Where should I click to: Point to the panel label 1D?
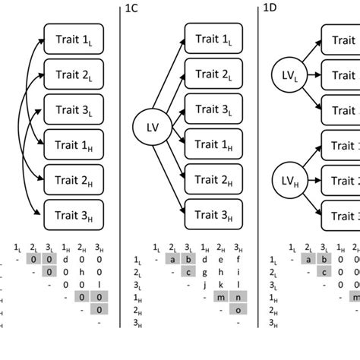(269, 8)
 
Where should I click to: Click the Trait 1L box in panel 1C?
(215, 39)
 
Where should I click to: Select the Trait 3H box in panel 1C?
(215, 215)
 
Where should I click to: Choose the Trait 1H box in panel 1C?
(215, 144)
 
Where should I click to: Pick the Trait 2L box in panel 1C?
(215, 74)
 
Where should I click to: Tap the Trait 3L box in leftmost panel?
(75, 109)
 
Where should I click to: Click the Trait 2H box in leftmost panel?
(75, 179)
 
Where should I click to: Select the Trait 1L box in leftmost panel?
(75, 39)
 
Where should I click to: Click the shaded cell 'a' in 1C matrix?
(174, 260)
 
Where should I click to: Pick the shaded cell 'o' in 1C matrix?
(238, 310)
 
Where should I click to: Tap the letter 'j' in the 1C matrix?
(206, 285)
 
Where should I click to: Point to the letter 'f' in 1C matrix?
(238, 260)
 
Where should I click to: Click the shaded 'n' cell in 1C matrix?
(238, 297)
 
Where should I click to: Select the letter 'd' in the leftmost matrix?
(66, 260)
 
